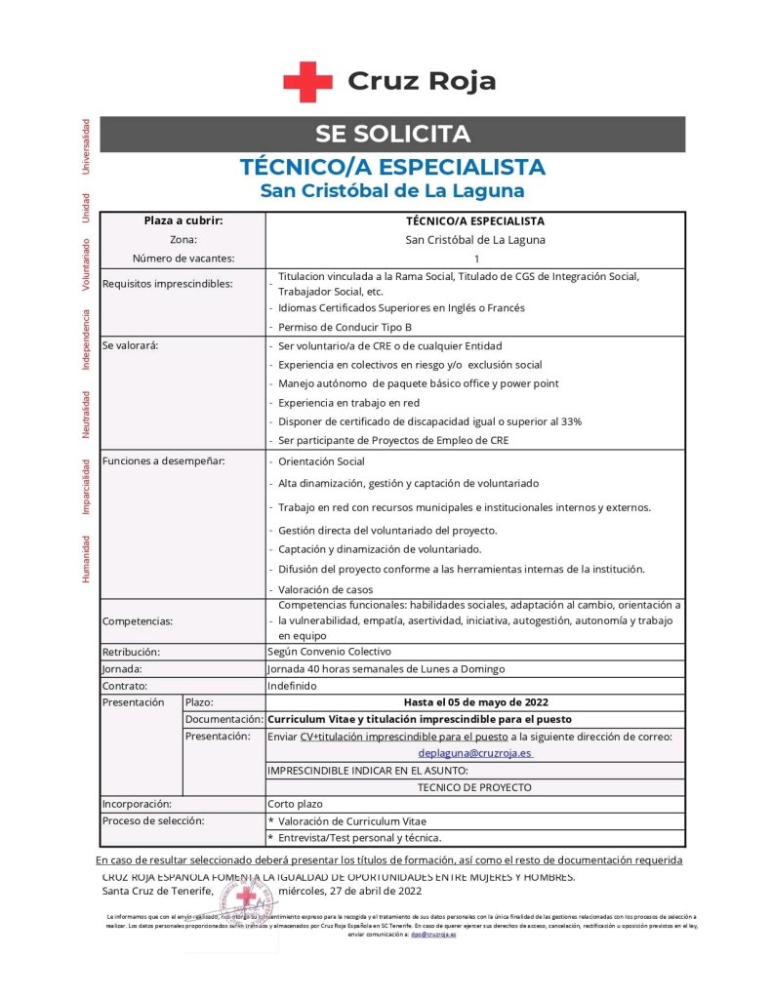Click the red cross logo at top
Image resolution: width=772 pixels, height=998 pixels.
click(x=307, y=81)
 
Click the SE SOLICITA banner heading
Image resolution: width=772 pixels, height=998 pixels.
click(x=392, y=135)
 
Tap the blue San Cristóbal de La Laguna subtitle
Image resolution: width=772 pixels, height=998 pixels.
click(x=392, y=190)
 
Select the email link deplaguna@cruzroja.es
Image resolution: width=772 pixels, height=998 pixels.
click(x=474, y=753)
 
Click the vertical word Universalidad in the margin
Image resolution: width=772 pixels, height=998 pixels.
click(x=86, y=146)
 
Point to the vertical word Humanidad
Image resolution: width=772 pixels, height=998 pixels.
click(x=86, y=558)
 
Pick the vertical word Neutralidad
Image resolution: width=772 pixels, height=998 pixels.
click(x=86, y=415)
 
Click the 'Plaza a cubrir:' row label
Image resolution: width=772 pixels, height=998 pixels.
click(x=183, y=221)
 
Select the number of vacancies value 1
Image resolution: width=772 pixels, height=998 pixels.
click(x=476, y=259)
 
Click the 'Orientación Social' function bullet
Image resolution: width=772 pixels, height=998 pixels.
click(x=321, y=461)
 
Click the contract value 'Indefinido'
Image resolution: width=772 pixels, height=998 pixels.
click(x=293, y=686)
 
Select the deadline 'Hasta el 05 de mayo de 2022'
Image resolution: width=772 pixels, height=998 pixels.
click(x=475, y=702)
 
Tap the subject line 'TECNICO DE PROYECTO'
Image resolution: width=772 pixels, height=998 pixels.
click(x=474, y=786)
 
